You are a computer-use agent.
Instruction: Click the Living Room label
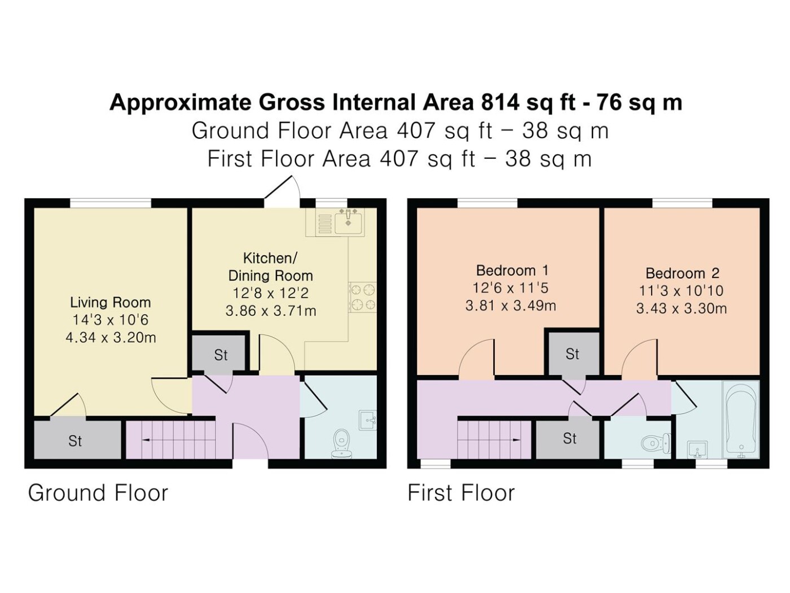pos(110,303)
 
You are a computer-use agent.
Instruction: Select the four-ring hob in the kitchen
pos(362,297)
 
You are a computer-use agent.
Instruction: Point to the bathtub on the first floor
pos(741,420)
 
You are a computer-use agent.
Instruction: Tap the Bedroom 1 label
pos(512,271)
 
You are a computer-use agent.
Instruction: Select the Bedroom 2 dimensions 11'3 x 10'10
pos(681,291)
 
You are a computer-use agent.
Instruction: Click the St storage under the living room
pos(77,440)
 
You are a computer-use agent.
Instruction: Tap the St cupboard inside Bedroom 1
pos(572,354)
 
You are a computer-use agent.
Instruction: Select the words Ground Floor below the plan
pos(98,492)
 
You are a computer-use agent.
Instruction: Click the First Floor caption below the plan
pos(461,492)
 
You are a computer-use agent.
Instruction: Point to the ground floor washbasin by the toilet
pos(368,420)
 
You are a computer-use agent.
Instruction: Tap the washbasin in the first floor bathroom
pos(697,450)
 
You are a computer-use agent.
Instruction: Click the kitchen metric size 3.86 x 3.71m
pos(271,311)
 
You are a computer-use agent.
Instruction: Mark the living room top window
pos(111,203)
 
